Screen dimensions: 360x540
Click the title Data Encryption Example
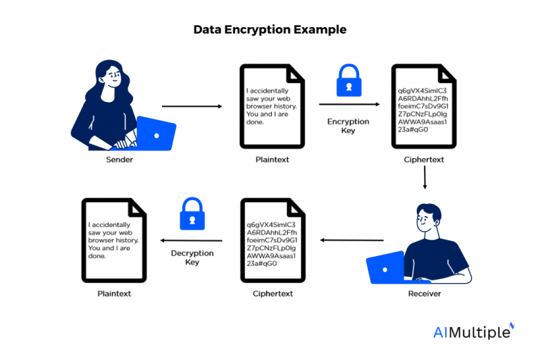pos(270,30)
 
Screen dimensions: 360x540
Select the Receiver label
pos(424,294)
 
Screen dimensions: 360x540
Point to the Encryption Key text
pos(348,126)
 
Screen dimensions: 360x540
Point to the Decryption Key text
pos(192,257)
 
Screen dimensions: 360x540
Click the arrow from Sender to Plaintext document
pos(192,106)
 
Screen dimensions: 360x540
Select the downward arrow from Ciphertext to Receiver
pos(424,177)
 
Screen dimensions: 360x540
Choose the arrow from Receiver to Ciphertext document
pos(352,240)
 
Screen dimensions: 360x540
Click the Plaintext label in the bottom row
pos(113,294)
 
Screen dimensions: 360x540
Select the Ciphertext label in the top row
pos(423,160)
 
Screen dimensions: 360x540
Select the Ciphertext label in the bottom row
pos(273,294)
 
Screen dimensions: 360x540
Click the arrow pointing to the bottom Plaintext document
pos(190,240)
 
